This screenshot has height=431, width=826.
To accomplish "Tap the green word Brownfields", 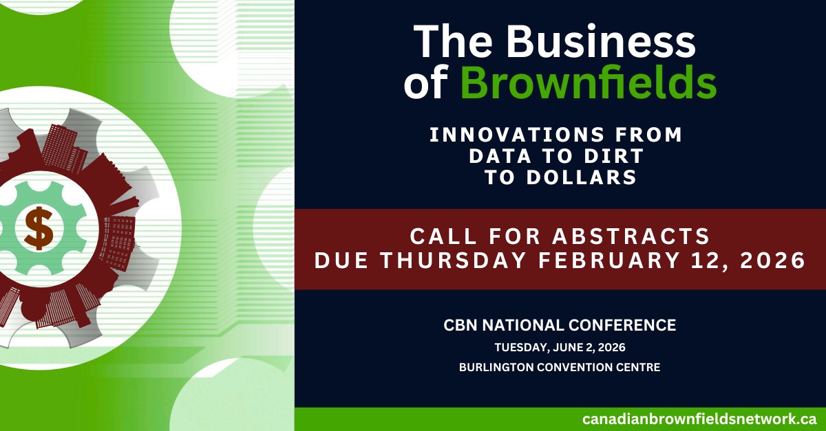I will pos(589,84).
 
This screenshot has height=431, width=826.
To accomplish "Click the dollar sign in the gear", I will pos(39,229).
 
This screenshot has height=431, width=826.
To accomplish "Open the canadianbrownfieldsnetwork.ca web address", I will pos(699,419).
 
